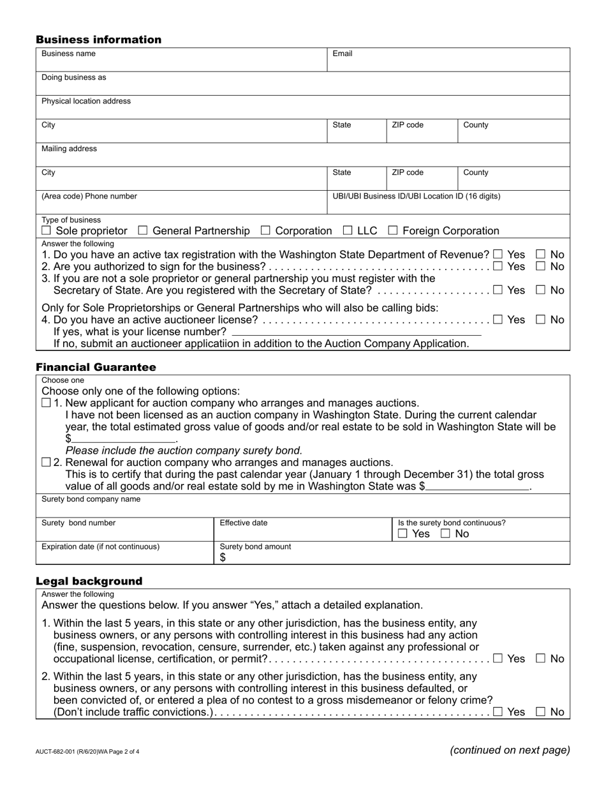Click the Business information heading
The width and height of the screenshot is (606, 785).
click(98, 40)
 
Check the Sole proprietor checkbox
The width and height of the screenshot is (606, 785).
click(46, 230)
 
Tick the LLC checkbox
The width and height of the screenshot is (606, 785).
click(348, 230)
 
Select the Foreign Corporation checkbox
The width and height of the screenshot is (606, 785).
click(393, 230)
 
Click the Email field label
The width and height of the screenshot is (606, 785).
click(343, 54)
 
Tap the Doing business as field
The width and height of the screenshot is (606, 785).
click(302, 84)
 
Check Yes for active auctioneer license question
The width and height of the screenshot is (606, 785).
click(498, 319)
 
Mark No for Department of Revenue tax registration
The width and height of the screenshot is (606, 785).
click(540, 254)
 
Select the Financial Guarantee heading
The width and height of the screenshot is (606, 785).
click(96, 367)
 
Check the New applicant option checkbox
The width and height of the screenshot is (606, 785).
click(46, 403)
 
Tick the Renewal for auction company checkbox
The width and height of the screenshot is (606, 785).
click(46, 462)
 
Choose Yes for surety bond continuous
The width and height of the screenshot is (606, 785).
click(402, 534)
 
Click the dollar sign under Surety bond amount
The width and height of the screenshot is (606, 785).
click(223, 558)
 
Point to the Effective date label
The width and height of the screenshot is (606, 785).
click(244, 523)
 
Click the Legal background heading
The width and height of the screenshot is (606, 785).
click(89, 581)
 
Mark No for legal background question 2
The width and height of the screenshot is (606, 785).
click(540, 712)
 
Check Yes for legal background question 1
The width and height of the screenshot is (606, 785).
click(498, 658)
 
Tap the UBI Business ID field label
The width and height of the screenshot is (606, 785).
click(417, 196)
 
